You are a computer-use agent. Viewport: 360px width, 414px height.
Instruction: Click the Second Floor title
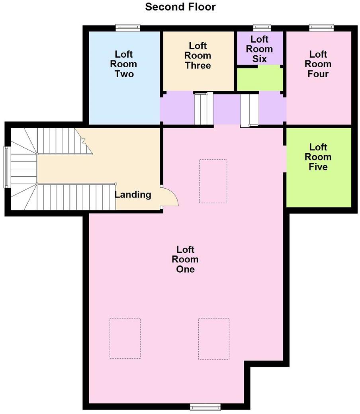point(180,7)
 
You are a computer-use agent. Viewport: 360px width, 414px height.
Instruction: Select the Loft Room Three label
point(198,56)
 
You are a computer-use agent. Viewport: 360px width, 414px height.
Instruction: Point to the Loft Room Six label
point(259,49)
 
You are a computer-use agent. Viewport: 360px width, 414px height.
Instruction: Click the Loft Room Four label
point(318,64)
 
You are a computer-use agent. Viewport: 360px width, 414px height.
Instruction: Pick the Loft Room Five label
point(318,157)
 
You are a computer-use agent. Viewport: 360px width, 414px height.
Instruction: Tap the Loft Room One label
point(185,259)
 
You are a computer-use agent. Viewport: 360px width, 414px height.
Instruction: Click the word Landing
point(133,195)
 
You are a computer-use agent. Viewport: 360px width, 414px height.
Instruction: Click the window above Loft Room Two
point(128,27)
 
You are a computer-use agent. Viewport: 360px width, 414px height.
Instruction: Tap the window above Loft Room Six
point(262,27)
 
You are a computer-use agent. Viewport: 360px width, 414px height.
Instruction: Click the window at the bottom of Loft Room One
point(205,406)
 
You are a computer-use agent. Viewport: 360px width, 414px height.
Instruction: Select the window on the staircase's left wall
point(7,167)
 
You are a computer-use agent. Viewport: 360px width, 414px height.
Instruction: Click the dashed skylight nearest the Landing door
point(213,181)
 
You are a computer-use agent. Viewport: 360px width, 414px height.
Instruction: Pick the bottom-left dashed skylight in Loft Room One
point(125,338)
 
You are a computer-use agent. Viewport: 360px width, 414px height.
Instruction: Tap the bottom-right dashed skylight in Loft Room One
point(214,338)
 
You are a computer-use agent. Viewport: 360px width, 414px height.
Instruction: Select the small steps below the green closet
point(250,110)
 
